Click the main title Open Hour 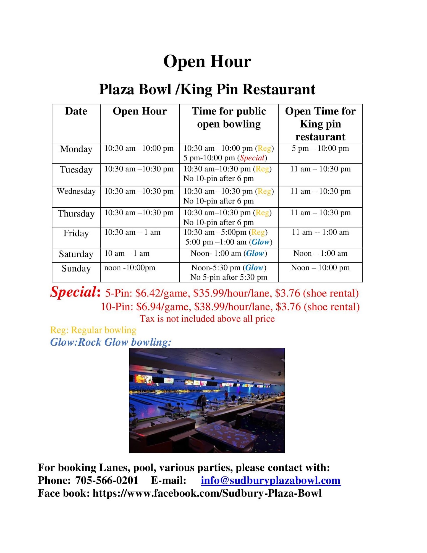point(207,61)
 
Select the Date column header point(76,111)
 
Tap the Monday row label point(76,149)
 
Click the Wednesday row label point(76,191)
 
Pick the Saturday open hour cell point(127,253)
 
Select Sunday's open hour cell point(130,268)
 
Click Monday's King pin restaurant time point(320,148)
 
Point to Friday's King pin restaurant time point(320,232)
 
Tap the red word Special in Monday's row point(252,158)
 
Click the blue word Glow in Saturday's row point(255,253)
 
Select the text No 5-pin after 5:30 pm point(229,277)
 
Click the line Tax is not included point(207,319)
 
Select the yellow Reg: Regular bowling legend point(93,330)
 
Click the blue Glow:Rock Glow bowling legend point(111,342)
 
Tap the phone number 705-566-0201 point(107,480)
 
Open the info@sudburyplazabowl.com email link point(270,480)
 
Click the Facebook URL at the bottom point(207,493)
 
